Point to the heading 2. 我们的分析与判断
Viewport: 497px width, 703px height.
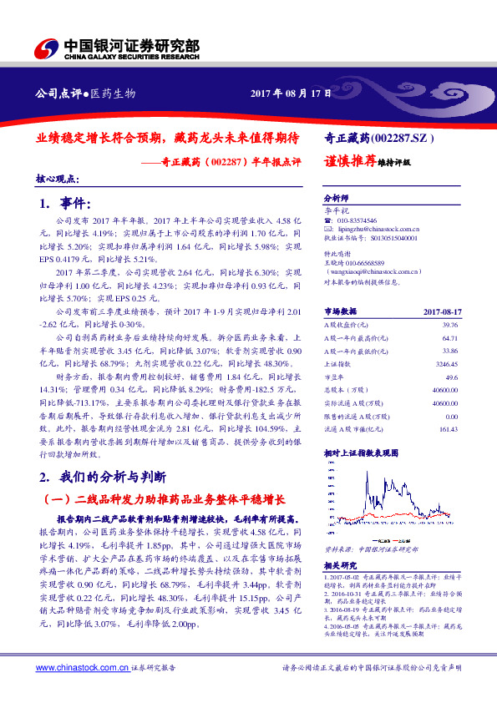coord(102,478)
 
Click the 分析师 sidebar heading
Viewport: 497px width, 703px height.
coord(335,200)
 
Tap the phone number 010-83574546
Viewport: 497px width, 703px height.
coord(358,217)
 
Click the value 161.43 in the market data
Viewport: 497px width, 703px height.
coord(448,429)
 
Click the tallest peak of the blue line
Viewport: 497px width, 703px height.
coord(365,477)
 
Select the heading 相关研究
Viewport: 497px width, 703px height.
coord(338,565)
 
